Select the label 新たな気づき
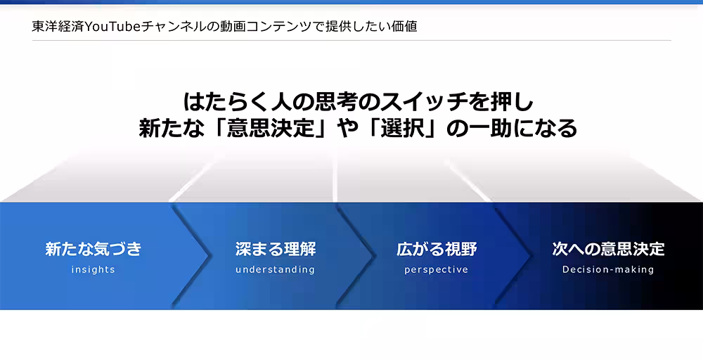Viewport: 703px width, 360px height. click(x=93, y=249)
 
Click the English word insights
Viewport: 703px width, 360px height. click(x=93, y=269)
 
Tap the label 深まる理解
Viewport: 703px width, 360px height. click(x=275, y=249)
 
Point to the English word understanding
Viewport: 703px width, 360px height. click(x=275, y=269)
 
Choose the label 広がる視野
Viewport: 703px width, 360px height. click(x=436, y=249)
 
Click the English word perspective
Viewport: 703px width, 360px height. click(x=436, y=269)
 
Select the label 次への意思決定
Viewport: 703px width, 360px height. click(x=608, y=249)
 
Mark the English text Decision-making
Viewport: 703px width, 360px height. click(x=608, y=269)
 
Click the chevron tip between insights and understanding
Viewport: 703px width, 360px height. click(x=211, y=255)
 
